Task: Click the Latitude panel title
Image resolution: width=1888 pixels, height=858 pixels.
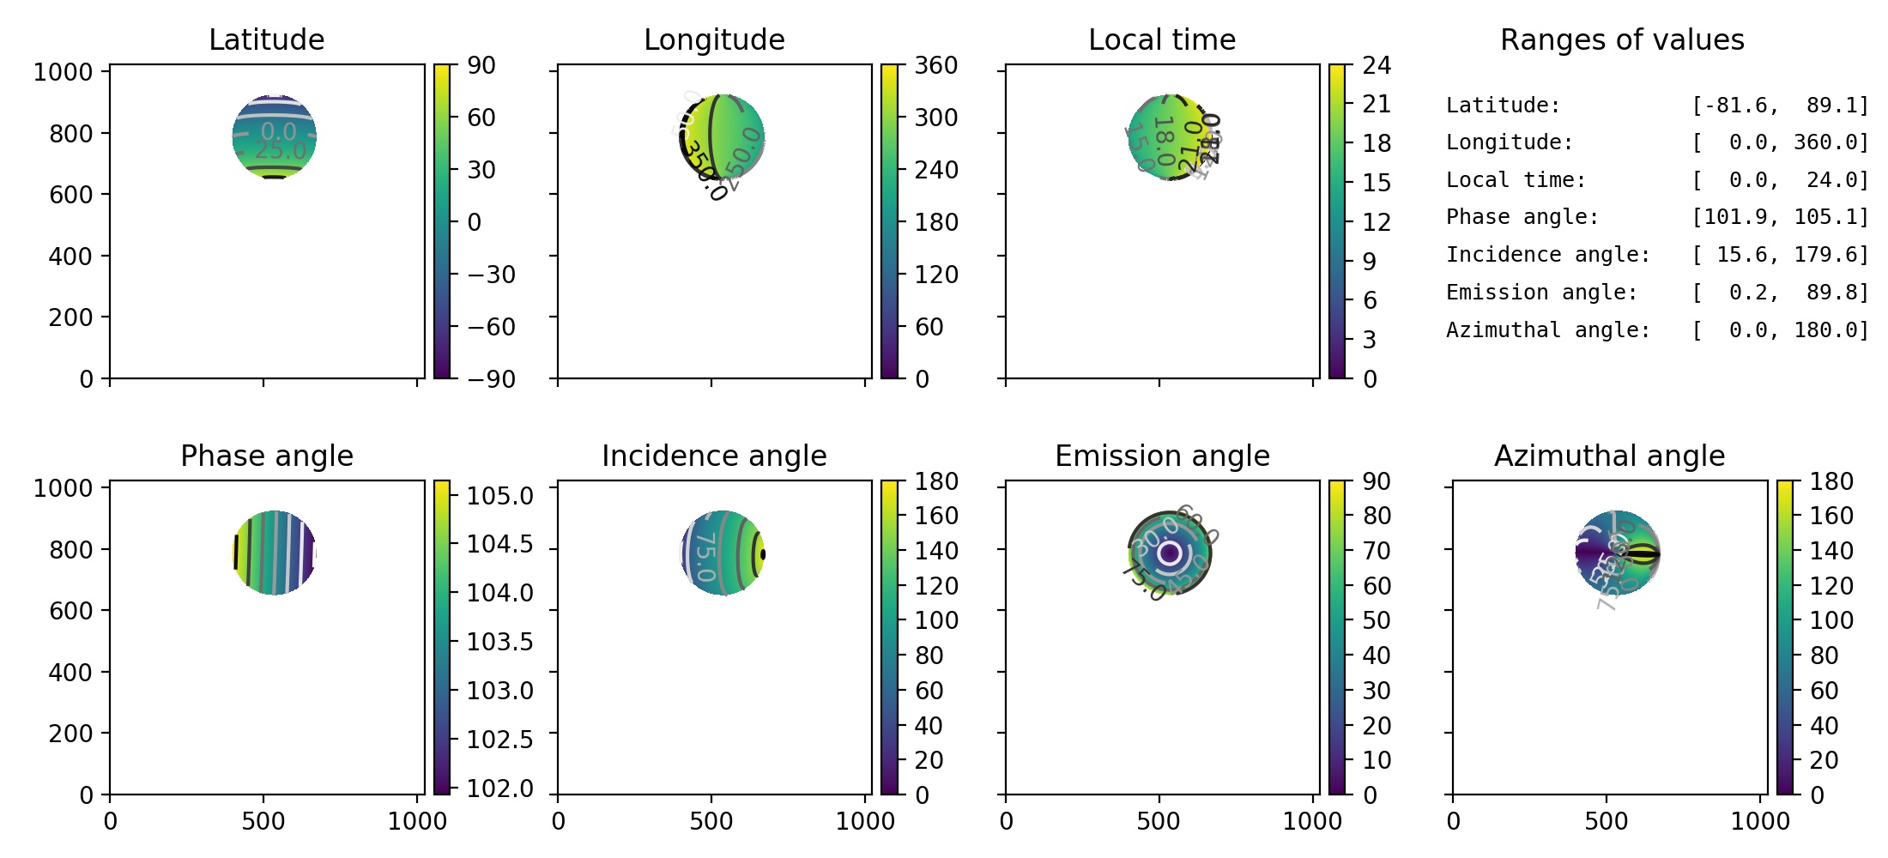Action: pyautogui.click(x=266, y=39)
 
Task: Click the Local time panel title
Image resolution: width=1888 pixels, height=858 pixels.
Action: pyautogui.click(x=1162, y=39)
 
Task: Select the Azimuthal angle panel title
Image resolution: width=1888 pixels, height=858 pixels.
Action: pyautogui.click(x=1609, y=456)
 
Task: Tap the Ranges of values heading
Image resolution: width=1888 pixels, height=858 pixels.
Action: pyautogui.click(x=1622, y=39)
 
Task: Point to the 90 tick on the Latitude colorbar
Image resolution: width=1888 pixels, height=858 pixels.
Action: pyautogui.click(x=481, y=65)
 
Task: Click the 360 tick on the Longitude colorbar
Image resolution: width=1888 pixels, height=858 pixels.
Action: pyautogui.click(x=935, y=65)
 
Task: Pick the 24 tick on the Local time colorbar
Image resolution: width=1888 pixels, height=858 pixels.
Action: pyautogui.click(x=1377, y=65)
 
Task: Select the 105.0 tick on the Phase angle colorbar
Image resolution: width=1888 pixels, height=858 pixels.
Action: pyautogui.click(x=499, y=496)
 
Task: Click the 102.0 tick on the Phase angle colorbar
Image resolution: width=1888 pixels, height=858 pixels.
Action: pyautogui.click(x=499, y=788)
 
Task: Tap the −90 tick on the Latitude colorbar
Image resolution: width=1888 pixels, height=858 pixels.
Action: pyautogui.click(x=491, y=378)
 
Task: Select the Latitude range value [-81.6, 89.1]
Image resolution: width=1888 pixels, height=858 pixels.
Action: pyautogui.click(x=1780, y=106)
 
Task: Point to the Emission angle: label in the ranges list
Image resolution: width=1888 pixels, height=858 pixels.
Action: pyautogui.click(x=1541, y=293)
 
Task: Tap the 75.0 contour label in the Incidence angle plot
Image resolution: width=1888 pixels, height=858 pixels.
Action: pyautogui.click(x=705, y=556)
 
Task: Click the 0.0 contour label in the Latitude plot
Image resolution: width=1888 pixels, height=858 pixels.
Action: pyautogui.click(x=278, y=131)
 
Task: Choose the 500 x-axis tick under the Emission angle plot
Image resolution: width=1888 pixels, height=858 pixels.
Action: pyautogui.click(x=1159, y=821)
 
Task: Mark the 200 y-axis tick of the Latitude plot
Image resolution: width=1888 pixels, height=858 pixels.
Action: pyautogui.click(x=70, y=317)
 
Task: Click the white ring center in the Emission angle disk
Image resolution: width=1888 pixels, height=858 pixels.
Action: pyautogui.click(x=1169, y=553)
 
